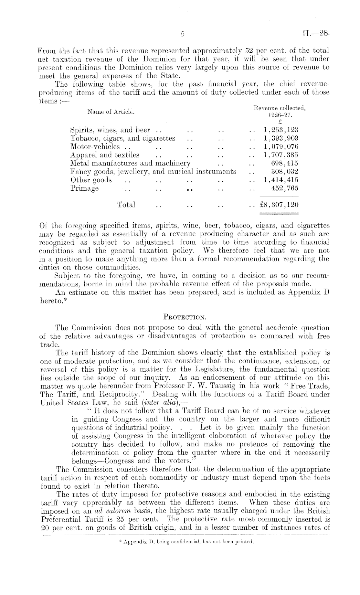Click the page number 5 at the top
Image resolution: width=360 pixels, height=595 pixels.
(x=183, y=34)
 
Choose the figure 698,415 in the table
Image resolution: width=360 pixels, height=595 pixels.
(x=284, y=163)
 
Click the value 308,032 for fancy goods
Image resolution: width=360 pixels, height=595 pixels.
(x=284, y=172)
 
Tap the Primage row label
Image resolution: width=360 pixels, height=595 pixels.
(x=85, y=188)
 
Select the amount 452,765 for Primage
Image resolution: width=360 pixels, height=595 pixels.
(x=284, y=188)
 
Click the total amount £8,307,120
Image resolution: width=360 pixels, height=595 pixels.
(x=279, y=205)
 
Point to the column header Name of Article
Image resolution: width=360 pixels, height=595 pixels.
(x=111, y=112)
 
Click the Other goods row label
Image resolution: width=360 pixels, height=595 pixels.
(x=91, y=180)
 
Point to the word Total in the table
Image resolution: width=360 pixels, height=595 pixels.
(x=126, y=205)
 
